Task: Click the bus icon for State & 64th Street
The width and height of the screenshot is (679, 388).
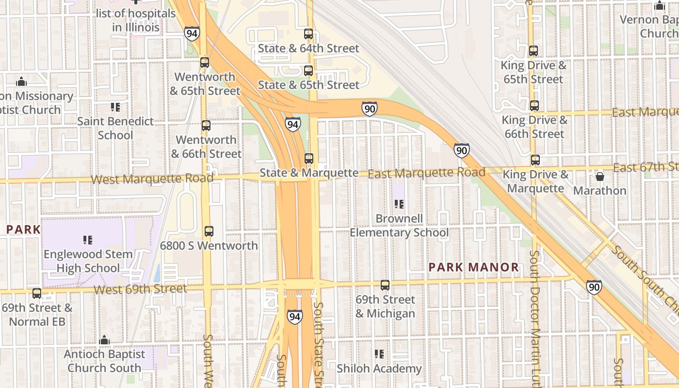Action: [308, 34]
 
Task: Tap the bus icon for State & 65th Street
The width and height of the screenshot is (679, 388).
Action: [308, 71]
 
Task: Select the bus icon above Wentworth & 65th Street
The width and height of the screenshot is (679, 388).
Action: [205, 63]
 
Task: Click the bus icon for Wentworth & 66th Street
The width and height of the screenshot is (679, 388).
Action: [206, 126]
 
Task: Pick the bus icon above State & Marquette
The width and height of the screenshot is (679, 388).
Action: [309, 159]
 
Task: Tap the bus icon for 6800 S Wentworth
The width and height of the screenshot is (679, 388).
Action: [209, 231]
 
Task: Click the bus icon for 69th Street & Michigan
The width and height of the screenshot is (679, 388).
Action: [385, 285]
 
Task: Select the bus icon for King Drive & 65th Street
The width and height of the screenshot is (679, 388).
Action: [533, 51]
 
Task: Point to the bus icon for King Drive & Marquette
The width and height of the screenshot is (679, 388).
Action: [535, 160]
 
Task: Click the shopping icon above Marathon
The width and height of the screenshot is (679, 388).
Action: [600, 177]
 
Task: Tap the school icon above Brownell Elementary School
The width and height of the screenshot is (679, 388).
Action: [399, 204]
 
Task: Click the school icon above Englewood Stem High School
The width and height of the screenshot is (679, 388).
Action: [88, 240]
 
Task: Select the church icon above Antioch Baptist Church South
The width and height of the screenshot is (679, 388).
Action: [104, 340]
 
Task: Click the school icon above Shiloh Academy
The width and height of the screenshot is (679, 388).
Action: [379, 355]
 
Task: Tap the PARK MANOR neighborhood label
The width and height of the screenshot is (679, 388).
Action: [474, 267]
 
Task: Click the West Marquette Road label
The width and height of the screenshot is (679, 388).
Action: [152, 178]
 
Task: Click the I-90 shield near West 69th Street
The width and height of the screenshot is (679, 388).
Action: [594, 287]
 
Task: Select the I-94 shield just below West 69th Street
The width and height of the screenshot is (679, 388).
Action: [294, 317]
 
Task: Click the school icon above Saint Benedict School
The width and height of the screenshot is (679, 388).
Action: [115, 107]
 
